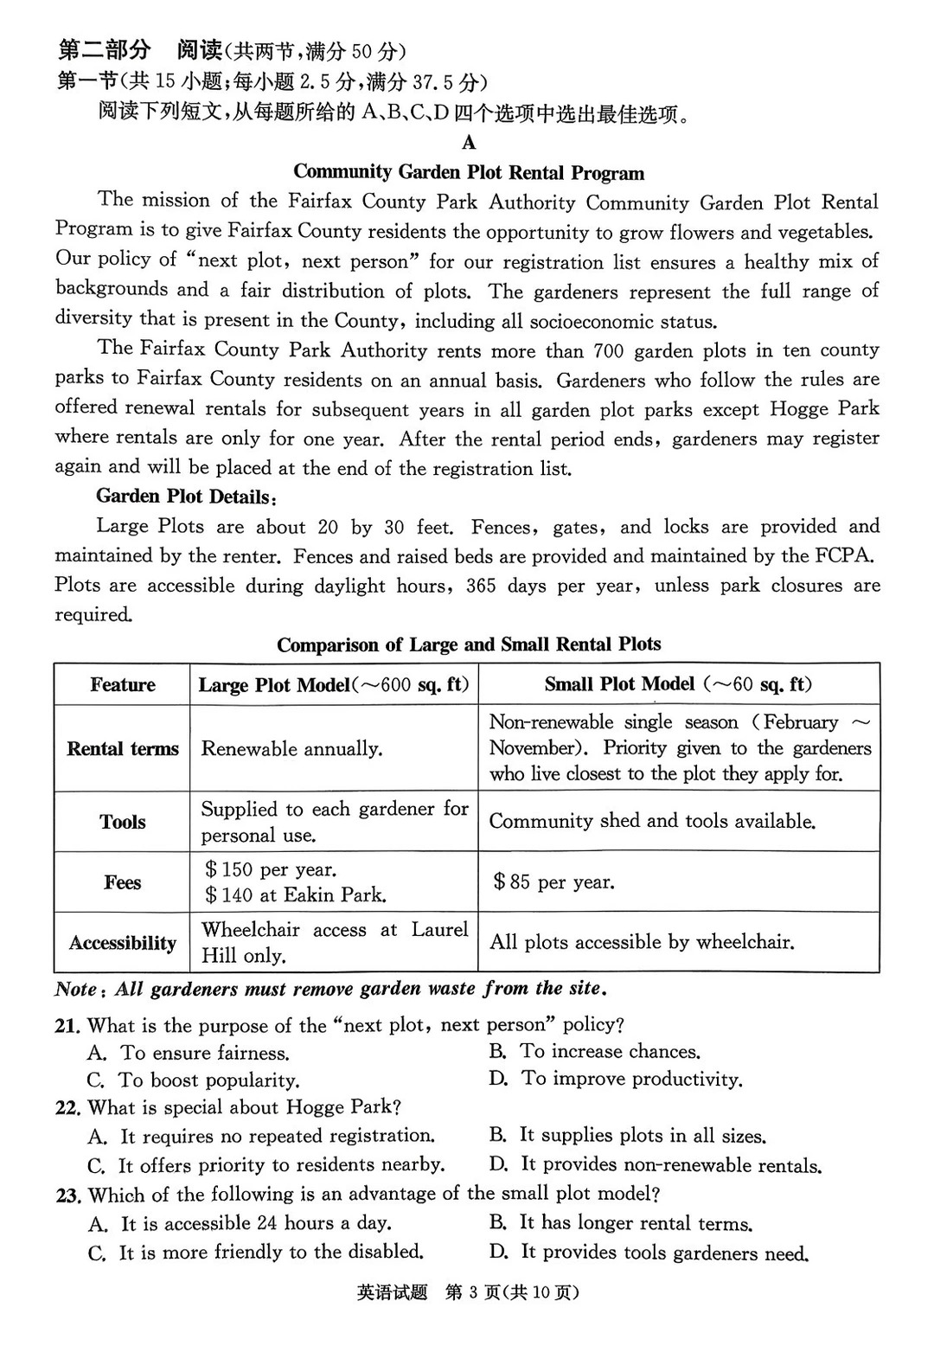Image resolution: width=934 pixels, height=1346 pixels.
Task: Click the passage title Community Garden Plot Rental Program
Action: pos(469,172)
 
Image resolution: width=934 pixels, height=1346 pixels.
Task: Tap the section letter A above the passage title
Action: pos(469,143)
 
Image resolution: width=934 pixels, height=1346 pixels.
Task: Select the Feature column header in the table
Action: pos(122,685)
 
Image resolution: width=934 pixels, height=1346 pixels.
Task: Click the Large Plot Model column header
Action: pos(334,685)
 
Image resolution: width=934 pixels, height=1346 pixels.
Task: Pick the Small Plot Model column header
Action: pos(678,685)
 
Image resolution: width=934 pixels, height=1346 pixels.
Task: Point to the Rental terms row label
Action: pos(122,749)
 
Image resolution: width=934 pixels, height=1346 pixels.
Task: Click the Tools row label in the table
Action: pos(122,822)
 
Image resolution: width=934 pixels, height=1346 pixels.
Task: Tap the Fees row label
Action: pos(122,882)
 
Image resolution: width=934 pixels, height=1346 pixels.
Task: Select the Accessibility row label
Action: pos(122,943)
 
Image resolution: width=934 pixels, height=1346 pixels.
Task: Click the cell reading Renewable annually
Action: pos(291,749)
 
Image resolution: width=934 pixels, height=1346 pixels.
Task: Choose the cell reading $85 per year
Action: pos(553,882)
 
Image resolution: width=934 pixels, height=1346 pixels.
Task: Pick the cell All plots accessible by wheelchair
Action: pos(641,942)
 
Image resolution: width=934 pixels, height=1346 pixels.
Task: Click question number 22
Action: pos(67,1108)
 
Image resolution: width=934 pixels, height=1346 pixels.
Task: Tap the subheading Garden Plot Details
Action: pos(186,497)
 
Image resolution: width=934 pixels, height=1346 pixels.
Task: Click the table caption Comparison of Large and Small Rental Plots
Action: pos(469,645)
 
